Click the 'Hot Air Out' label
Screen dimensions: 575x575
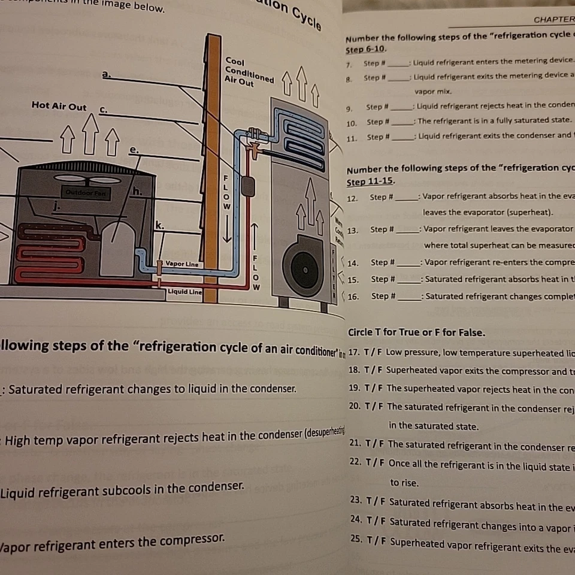pyautogui.click(x=59, y=106)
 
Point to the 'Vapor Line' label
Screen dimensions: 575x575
pyautogui.click(x=182, y=264)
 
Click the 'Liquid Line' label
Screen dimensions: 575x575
pyautogui.click(x=184, y=292)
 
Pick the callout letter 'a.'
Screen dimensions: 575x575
pyautogui.click(x=107, y=74)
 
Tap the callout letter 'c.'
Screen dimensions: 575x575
pyautogui.click(x=103, y=110)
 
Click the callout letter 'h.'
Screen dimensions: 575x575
pyautogui.click(x=137, y=191)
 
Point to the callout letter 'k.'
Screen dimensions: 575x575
pyautogui.click(x=159, y=224)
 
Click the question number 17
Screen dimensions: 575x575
pyautogui.click(x=353, y=352)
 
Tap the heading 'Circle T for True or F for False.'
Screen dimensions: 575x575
pyautogui.click(x=416, y=332)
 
